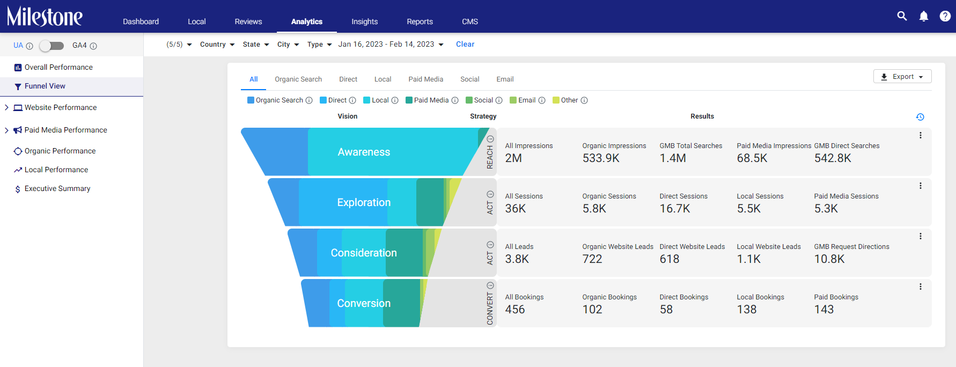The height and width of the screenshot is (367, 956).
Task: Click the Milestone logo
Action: click(x=45, y=17)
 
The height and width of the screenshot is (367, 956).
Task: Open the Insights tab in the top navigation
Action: click(x=365, y=21)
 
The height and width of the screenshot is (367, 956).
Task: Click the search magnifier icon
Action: click(x=902, y=16)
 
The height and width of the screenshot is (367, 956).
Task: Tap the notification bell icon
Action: click(x=924, y=16)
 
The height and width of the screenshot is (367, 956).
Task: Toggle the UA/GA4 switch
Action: click(x=52, y=46)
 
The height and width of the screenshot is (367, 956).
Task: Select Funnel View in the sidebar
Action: click(x=45, y=86)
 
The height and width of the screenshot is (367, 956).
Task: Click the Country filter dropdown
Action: click(x=217, y=45)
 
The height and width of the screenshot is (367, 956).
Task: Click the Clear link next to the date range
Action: click(x=465, y=44)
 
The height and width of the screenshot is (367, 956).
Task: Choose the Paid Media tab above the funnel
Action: click(x=426, y=79)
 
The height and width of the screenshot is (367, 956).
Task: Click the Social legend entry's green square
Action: click(x=469, y=100)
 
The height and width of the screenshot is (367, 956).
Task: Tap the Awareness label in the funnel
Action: click(x=364, y=152)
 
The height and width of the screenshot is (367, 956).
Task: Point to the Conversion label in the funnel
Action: click(x=364, y=303)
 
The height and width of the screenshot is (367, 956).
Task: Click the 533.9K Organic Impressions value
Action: click(x=601, y=158)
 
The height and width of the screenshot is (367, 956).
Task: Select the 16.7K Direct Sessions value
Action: click(x=675, y=209)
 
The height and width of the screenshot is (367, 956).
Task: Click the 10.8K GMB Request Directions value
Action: click(x=829, y=259)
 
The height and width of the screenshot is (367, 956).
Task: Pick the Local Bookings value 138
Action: click(x=747, y=310)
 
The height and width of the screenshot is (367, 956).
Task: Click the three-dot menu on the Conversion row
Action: click(x=921, y=287)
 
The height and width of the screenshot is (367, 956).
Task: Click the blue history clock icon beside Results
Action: click(x=920, y=117)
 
